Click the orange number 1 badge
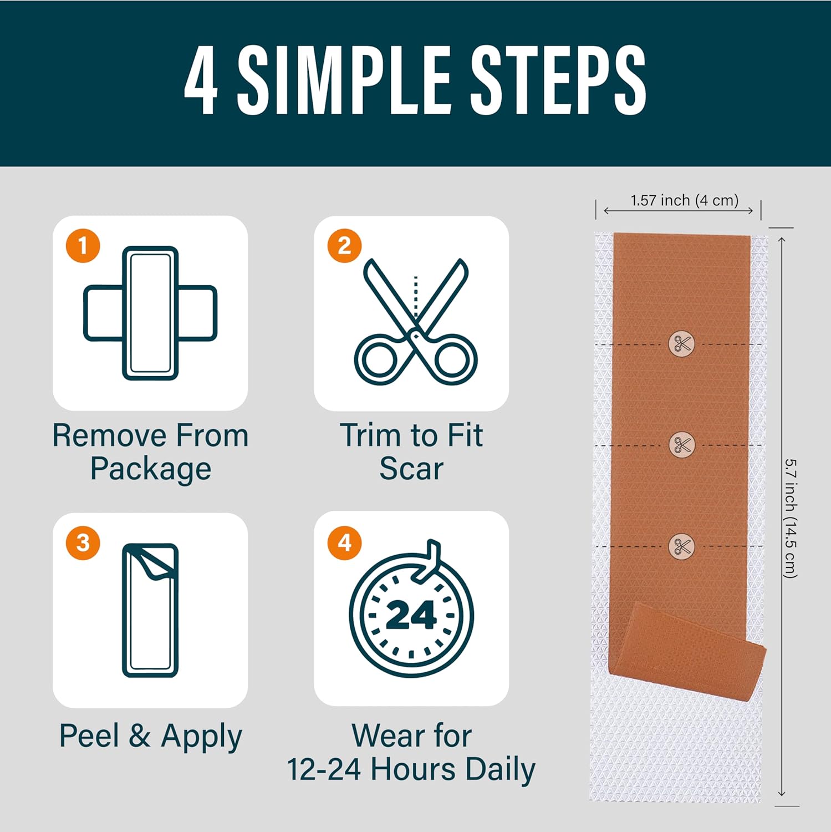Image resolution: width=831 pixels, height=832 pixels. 83,246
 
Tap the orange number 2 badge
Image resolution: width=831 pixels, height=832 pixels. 344,246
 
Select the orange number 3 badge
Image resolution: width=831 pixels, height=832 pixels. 83,542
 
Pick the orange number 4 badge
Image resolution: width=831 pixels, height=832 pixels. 344,542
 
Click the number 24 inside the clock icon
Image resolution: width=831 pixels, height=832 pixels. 411,616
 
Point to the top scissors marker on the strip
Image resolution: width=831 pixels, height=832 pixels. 681,344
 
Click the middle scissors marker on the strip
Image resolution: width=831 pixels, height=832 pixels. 681,445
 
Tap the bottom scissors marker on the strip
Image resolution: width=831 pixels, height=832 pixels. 681,546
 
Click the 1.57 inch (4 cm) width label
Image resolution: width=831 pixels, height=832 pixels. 684,200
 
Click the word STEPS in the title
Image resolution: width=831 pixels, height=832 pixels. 558,80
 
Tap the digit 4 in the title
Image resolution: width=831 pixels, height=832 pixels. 201,80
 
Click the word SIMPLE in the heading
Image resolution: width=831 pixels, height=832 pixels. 344,80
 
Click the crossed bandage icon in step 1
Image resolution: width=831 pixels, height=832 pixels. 150,313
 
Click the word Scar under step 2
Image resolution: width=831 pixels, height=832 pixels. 411,469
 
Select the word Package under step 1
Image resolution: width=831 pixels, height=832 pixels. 150,469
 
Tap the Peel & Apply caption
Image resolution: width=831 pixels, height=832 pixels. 150,736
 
